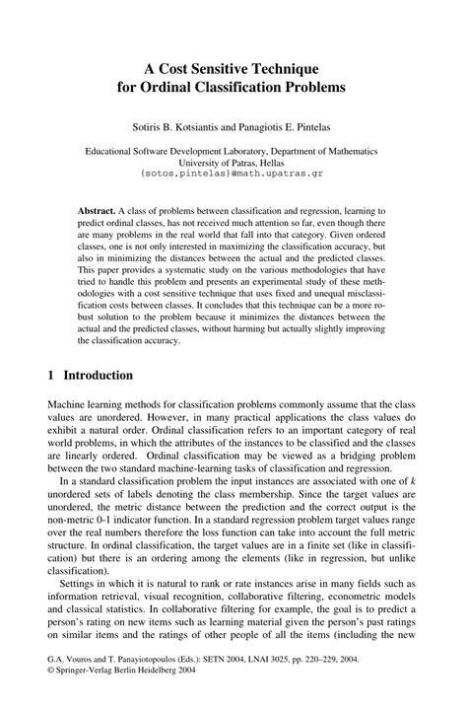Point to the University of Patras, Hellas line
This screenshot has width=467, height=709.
233,164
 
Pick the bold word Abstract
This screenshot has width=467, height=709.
96,212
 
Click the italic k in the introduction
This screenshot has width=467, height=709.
415,507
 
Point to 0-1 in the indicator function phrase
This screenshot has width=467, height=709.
105,546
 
